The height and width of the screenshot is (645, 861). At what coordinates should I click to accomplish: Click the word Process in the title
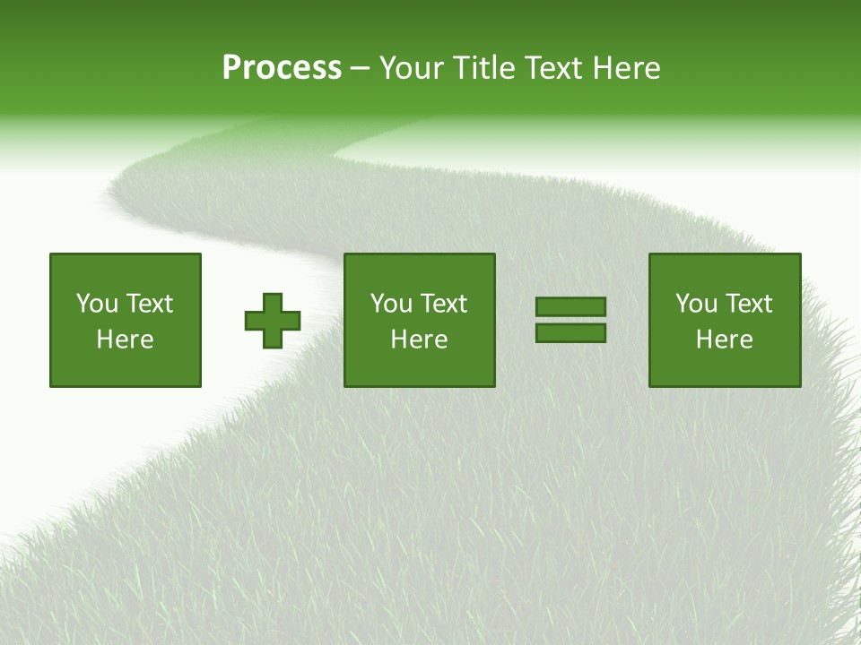(x=282, y=68)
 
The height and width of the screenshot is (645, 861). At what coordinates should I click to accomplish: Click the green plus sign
(x=273, y=321)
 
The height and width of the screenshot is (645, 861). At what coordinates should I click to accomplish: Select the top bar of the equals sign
(x=570, y=307)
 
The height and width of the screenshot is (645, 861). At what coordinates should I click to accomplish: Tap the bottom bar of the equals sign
(x=570, y=333)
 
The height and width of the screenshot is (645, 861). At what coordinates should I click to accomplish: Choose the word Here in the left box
(x=125, y=340)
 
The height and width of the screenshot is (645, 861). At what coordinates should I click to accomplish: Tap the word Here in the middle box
(x=419, y=340)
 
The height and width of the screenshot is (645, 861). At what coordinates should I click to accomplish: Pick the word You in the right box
(x=696, y=304)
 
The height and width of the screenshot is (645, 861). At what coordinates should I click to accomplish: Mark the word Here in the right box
(x=724, y=340)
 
